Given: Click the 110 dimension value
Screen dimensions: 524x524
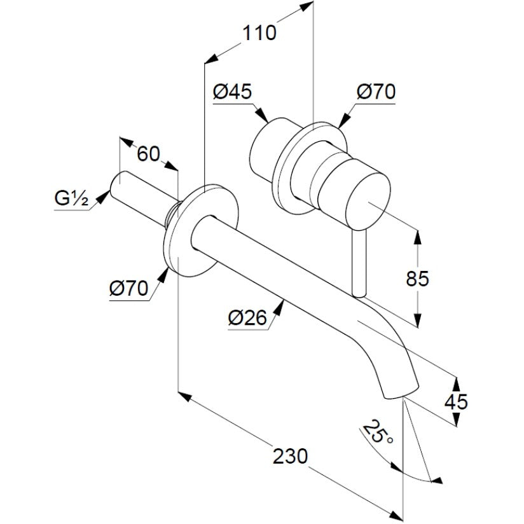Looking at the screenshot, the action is [x=259, y=33].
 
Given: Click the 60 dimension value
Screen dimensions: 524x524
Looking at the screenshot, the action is [x=149, y=154].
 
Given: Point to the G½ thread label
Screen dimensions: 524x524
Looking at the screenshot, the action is [x=71, y=199].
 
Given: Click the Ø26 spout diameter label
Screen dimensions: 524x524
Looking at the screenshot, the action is [x=247, y=317].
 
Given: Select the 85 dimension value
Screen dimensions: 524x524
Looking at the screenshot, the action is [x=417, y=279].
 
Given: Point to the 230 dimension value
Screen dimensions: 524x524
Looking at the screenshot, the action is [x=290, y=456].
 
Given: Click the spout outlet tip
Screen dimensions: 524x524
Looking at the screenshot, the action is [x=401, y=392].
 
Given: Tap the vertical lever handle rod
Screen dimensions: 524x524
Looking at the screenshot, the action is [x=359, y=263].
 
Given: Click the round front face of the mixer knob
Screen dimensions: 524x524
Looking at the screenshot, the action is [x=368, y=201].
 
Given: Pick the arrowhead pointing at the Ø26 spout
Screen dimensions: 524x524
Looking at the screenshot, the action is [x=280, y=307].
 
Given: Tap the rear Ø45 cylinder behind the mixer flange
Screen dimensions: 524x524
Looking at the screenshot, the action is [x=267, y=147].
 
